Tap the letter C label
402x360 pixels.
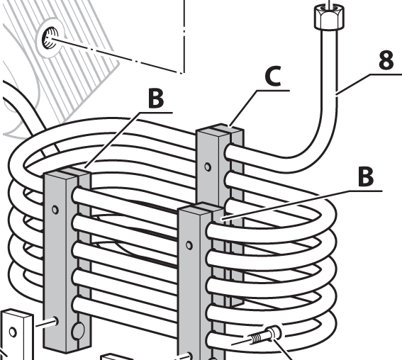tap(273, 76)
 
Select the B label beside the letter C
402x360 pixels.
tap(155, 99)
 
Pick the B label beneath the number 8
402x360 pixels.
tap(366, 176)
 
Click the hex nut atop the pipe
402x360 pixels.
tap(329, 18)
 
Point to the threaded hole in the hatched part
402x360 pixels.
tap(50, 38)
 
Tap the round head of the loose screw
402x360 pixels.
tap(274, 333)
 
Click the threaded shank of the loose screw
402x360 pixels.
tap(257, 339)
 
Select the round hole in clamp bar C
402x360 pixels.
tap(208, 167)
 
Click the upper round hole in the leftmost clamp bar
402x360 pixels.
tap(55, 210)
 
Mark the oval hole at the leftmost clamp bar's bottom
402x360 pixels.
tap(78, 331)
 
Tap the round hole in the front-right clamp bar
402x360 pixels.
tap(189, 245)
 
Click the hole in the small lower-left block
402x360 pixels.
tap(13, 332)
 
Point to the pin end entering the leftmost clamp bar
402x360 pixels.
tap(55, 321)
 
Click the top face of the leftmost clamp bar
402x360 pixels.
tap(67, 172)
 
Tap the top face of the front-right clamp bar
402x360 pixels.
tap(201, 208)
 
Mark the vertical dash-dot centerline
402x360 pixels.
tap(184, 36)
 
